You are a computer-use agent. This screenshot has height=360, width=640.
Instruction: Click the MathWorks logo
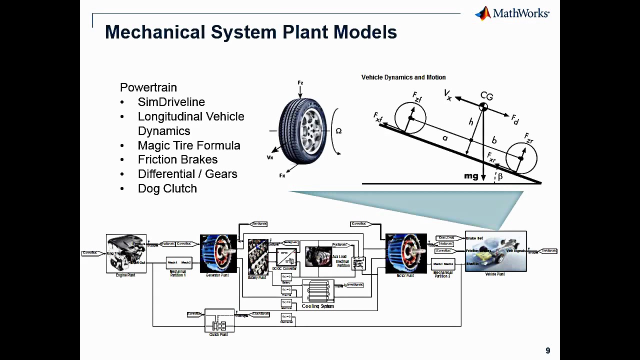(512, 13)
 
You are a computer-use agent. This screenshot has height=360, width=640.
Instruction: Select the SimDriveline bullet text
(171, 102)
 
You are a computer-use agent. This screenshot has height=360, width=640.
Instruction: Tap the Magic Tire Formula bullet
(189, 145)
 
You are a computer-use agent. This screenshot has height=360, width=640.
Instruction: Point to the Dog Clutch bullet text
(167, 188)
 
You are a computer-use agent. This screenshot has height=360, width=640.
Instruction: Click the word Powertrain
(148, 87)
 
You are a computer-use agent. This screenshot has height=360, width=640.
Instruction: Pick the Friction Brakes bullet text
(177, 159)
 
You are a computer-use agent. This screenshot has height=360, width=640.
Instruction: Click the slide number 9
(548, 350)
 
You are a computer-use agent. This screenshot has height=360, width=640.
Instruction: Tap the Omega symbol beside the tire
(338, 131)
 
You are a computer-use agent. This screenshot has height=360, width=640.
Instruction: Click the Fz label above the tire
(300, 83)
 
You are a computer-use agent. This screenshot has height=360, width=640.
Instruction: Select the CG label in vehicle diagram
(486, 96)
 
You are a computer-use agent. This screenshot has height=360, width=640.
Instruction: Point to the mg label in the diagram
(471, 176)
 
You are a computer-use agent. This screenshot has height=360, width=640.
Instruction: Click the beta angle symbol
(499, 176)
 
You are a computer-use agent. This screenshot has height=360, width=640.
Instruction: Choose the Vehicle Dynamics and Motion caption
(403, 77)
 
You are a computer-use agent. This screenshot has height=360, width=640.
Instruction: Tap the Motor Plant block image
(406, 253)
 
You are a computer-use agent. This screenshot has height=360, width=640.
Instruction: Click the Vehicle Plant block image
(495, 251)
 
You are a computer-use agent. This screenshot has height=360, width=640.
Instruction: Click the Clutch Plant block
(219, 321)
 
